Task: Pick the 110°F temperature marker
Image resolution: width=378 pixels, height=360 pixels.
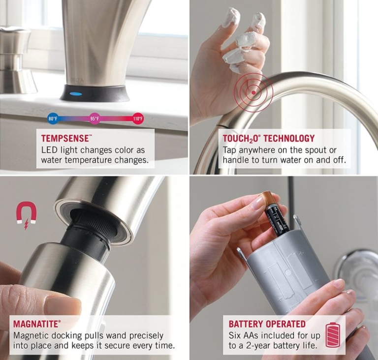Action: point(138,119)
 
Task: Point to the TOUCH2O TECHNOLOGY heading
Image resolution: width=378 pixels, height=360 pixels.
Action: point(268,138)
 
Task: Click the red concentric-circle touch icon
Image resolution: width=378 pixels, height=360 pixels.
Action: point(253,92)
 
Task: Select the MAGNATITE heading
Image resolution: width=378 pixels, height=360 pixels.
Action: point(37,324)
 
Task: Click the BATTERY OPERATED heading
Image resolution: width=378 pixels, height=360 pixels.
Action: point(267,324)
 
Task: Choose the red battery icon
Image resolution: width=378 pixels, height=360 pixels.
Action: point(333,335)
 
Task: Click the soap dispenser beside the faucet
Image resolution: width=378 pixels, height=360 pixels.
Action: point(15,59)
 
